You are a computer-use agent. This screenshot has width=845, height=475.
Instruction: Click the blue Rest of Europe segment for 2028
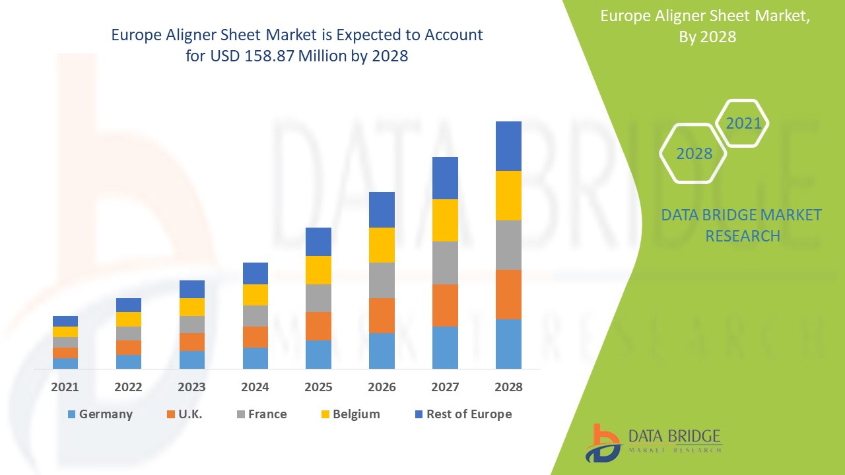508,146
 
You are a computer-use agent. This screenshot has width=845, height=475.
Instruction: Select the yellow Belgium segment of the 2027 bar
445,220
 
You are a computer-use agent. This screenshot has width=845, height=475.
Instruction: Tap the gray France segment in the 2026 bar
382,280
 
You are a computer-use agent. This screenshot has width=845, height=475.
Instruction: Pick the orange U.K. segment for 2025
318,326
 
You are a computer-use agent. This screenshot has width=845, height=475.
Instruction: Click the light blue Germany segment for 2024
255,358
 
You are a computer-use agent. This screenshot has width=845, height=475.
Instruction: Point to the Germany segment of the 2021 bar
65,363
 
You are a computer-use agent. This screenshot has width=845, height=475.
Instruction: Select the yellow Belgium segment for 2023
192,307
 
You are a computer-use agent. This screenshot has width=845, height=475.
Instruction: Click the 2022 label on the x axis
128,387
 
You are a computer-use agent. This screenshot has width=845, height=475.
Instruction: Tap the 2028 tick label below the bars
508,387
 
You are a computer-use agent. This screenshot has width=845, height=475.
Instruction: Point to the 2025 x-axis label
318,387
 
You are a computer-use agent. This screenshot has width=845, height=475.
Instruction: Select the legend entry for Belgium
350,414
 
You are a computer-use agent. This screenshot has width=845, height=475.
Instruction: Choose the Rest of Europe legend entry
462,414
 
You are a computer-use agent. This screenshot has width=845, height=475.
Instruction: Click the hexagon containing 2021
743,123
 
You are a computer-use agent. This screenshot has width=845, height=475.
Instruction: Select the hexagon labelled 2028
694,154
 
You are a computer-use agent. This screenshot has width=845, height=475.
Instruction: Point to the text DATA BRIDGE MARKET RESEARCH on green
742,225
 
